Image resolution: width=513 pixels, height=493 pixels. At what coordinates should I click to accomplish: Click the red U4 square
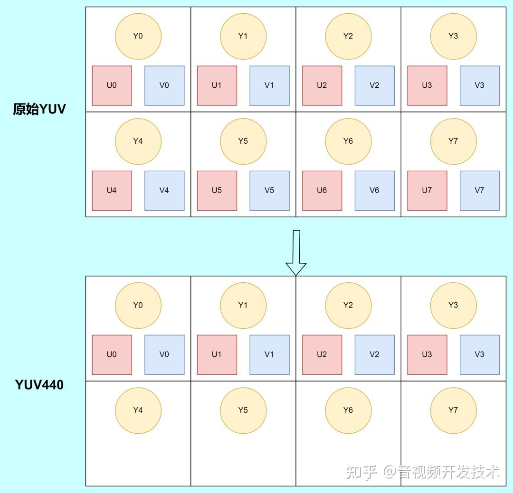[112, 190]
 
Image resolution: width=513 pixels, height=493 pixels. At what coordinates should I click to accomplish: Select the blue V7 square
[479, 190]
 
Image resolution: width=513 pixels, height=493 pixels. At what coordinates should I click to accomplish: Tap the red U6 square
[322, 190]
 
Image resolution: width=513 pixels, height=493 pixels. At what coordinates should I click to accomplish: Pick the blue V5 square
[269, 190]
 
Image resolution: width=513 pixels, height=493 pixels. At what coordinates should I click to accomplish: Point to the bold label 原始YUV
[39, 110]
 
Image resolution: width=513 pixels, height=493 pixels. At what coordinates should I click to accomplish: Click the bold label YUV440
[39, 384]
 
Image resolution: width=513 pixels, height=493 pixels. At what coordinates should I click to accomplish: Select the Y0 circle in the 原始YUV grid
[138, 36]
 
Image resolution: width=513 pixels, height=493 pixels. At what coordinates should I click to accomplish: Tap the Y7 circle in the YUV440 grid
[453, 410]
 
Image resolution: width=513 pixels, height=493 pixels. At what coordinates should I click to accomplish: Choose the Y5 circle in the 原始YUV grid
[243, 141]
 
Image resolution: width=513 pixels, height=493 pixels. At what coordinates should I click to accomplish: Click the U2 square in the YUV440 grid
[322, 354]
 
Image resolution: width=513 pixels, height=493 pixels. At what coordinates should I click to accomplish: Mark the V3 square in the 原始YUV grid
[479, 85]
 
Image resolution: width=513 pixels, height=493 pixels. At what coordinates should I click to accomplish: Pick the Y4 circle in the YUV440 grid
[138, 410]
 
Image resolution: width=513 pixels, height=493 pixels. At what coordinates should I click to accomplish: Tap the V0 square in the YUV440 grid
[164, 354]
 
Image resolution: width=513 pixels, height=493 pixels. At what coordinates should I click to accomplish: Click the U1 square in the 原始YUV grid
[217, 85]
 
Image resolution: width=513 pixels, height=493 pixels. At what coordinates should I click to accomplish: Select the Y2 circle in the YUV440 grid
[348, 305]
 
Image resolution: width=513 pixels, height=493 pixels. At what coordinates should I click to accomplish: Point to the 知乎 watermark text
[361, 472]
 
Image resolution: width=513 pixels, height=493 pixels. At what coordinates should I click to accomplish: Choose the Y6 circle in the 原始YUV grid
[348, 141]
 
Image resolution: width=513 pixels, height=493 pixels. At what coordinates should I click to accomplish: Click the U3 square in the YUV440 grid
[427, 354]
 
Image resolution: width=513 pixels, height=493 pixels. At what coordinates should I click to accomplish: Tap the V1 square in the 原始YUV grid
[269, 85]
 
